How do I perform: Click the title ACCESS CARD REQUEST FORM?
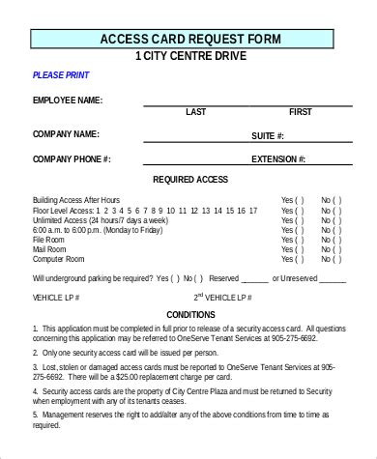[190, 39]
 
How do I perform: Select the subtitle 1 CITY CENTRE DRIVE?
[190, 56]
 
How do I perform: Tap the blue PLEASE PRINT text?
[60, 74]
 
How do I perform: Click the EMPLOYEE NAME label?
[68, 100]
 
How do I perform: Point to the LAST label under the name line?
[195, 112]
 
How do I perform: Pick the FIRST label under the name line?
[300, 112]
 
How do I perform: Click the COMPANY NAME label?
[66, 133]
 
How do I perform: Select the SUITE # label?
[267, 136]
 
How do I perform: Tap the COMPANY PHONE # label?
[72, 158]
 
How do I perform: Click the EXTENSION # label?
[278, 158]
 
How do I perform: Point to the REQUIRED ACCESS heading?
[217, 181]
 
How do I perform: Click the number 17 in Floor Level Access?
[253, 210]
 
